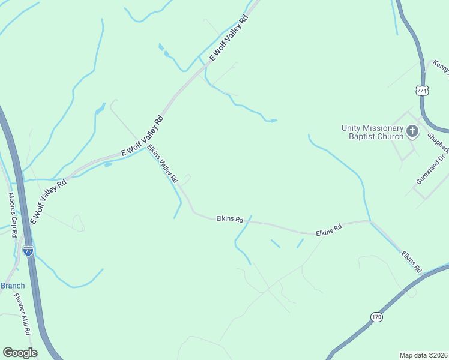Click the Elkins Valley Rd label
[163, 164]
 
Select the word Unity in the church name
[352, 128]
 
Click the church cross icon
[412, 131]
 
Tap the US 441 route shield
[422, 91]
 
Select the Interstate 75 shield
[28, 251]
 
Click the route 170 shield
[376, 316]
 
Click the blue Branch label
[12, 286]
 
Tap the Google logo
[20, 352]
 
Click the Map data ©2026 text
[423, 355]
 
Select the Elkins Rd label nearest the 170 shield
[411, 263]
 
